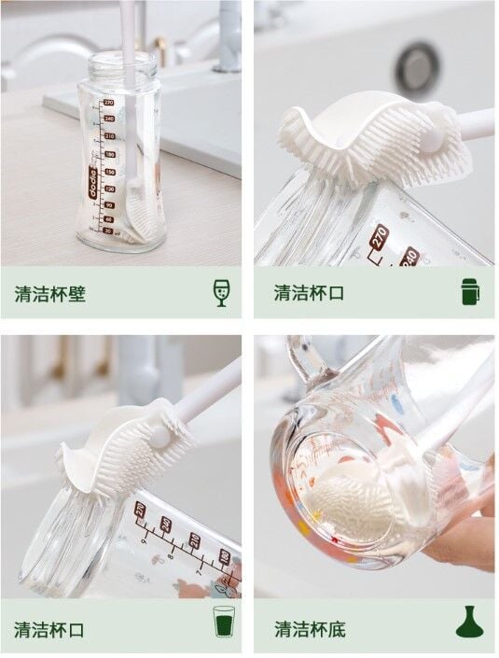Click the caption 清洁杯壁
[50, 293]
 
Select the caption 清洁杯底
[310, 629]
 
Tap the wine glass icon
[221, 293]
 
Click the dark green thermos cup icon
[470, 291]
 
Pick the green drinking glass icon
[224, 621]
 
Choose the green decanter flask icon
[470, 622]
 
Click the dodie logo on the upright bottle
[93, 182]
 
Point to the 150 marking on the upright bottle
[109, 172]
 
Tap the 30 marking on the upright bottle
[108, 231]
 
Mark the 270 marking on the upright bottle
[108, 102]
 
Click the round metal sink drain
[418, 68]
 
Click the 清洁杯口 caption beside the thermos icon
[309, 293]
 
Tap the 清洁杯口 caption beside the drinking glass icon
[49, 629]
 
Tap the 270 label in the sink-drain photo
[380, 238]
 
